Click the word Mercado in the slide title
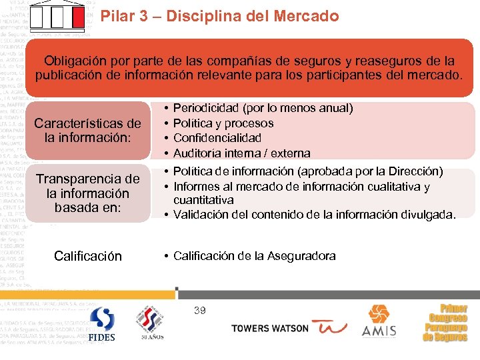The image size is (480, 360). [306, 16]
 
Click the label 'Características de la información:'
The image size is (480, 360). [87, 131]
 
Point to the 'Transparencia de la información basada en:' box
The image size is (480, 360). [87, 193]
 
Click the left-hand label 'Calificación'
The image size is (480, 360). [87, 256]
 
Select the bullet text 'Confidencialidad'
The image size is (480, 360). [217, 138]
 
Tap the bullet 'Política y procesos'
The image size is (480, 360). [223, 123]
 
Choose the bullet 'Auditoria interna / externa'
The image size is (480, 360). [241, 153]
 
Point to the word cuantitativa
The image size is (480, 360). [203, 200]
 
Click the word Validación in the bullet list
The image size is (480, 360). [201, 215]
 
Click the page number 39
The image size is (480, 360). [199, 310]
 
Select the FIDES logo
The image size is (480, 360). [101, 324]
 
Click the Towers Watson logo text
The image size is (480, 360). [269, 329]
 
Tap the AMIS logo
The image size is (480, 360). [378, 321]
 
